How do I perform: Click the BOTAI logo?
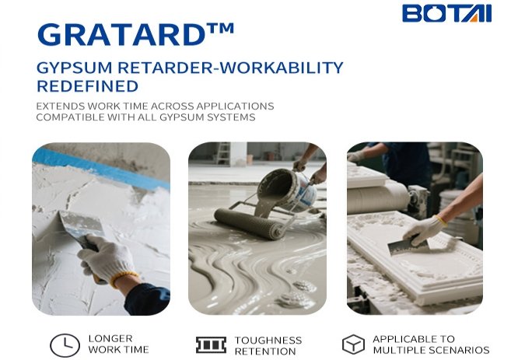(x=446, y=13)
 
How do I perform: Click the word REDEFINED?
(x=88, y=86)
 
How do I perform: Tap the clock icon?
(x=65, y=345)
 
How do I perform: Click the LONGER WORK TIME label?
(x=119, y=344)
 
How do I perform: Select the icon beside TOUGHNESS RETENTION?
(x=212, y=345)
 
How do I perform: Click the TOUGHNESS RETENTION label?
(x=268, y=346)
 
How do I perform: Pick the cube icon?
(x=353, y=344)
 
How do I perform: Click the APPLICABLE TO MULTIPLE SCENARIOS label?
(x=431, y=344)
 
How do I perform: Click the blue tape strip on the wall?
(x=101, y=168)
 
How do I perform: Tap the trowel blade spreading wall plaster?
(x=82, y=223)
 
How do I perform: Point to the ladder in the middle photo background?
(x=223, y=152)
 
